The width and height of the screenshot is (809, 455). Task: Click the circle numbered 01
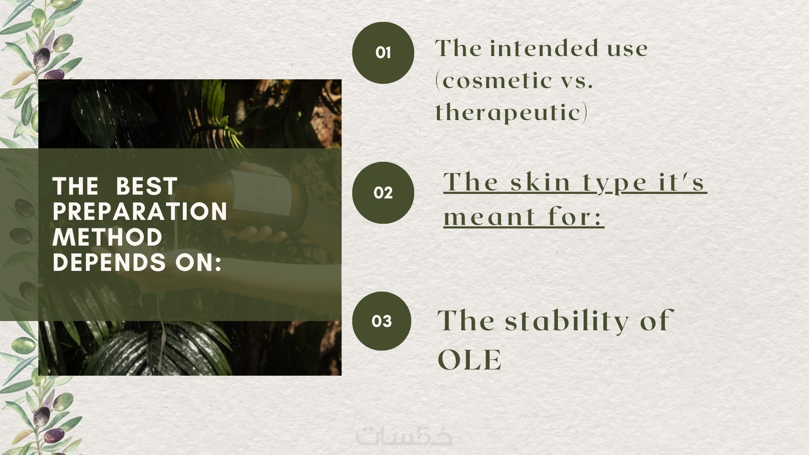coord(383,53)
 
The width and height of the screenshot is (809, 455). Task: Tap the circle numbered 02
coord(383,193)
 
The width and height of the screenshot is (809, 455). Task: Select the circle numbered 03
coord(382,321)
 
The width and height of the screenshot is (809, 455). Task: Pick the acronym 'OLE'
coord(470,360)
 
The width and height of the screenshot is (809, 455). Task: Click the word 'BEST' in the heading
coord(146,186)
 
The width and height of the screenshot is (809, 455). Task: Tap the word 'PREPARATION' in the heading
coord(140,211)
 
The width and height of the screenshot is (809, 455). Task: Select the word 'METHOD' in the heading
coord(107,237)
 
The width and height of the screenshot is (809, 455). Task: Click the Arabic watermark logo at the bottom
coord(404,436)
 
